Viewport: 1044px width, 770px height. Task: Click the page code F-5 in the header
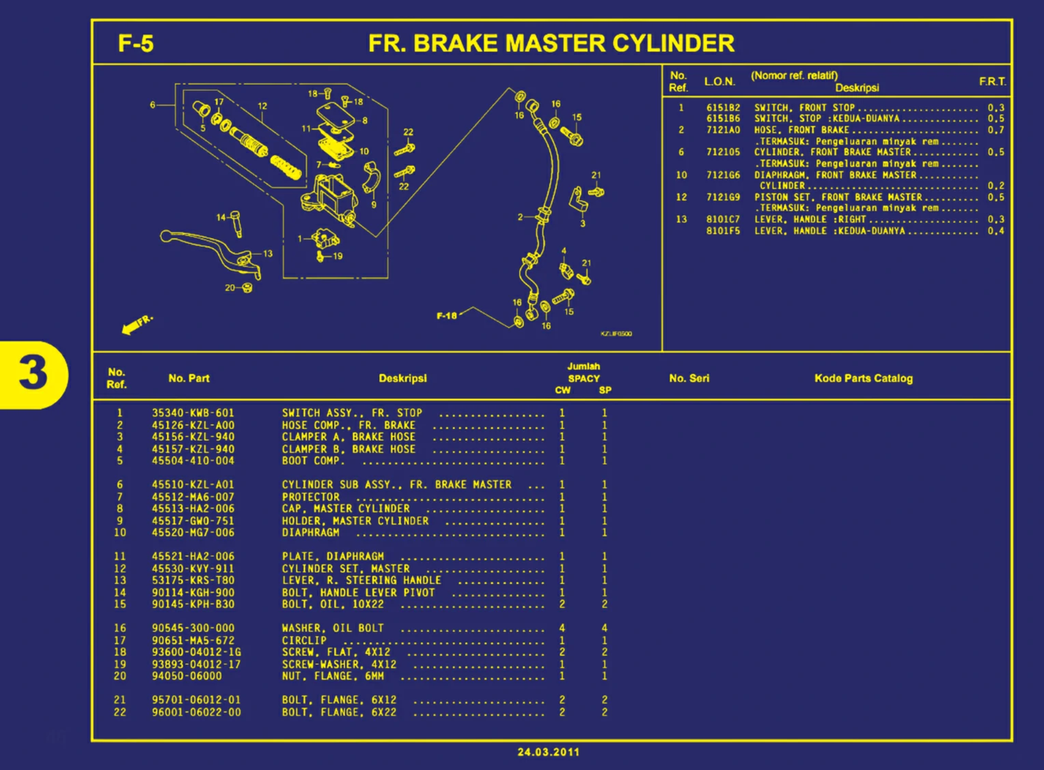point(135,44)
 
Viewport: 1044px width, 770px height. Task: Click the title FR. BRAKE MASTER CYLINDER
point(551,44)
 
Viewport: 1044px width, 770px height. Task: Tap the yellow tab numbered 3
point(33,374)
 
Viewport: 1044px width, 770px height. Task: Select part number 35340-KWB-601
point(193,413)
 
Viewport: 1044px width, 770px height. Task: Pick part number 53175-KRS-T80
point(193,581)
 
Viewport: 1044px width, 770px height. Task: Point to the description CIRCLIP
point(304,641)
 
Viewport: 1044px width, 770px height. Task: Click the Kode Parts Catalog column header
point(863,379)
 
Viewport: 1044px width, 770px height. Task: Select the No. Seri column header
point(689,379)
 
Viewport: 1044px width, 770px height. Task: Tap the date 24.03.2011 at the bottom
point(548,752)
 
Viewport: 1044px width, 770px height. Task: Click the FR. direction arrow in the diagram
point(137,325)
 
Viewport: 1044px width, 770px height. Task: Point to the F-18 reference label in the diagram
point(447,316)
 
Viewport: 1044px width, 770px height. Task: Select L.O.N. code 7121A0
point(723,130)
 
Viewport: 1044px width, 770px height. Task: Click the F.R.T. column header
point(992,82)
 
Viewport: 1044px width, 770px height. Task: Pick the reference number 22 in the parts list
point(120,713)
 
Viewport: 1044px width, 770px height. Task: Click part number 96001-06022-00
point(196,713)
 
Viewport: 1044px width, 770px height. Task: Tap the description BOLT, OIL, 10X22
point(333,605)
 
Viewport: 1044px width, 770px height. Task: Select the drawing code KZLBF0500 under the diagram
point(616,334)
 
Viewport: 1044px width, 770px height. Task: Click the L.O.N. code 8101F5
point(723,231)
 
